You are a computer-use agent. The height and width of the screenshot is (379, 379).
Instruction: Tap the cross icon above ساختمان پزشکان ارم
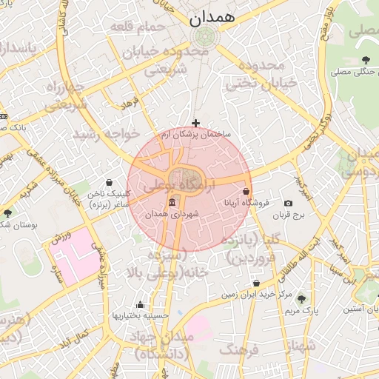click(x=195, y=123)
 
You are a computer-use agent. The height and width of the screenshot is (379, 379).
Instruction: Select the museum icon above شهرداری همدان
click(x=172, y=203)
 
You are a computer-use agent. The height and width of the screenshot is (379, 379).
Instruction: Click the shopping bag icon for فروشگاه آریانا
click(x=246, y=191)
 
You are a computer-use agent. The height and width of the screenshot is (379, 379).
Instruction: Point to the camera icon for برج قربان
click(x=288, y=203)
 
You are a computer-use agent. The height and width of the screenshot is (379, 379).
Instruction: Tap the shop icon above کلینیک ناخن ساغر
click(x=110, y=182)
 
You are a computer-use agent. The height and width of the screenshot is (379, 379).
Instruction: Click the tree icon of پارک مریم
click(x=301, y=300)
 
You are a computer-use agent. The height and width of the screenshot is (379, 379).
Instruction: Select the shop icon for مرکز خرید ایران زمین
click(x=256, y=283)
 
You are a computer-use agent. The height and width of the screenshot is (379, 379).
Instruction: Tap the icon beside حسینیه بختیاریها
click(x=140, y=305)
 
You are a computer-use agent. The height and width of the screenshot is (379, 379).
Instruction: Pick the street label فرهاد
click(x=130, y=101)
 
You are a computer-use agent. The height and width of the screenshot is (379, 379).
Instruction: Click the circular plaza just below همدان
click(x=203, y=37)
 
